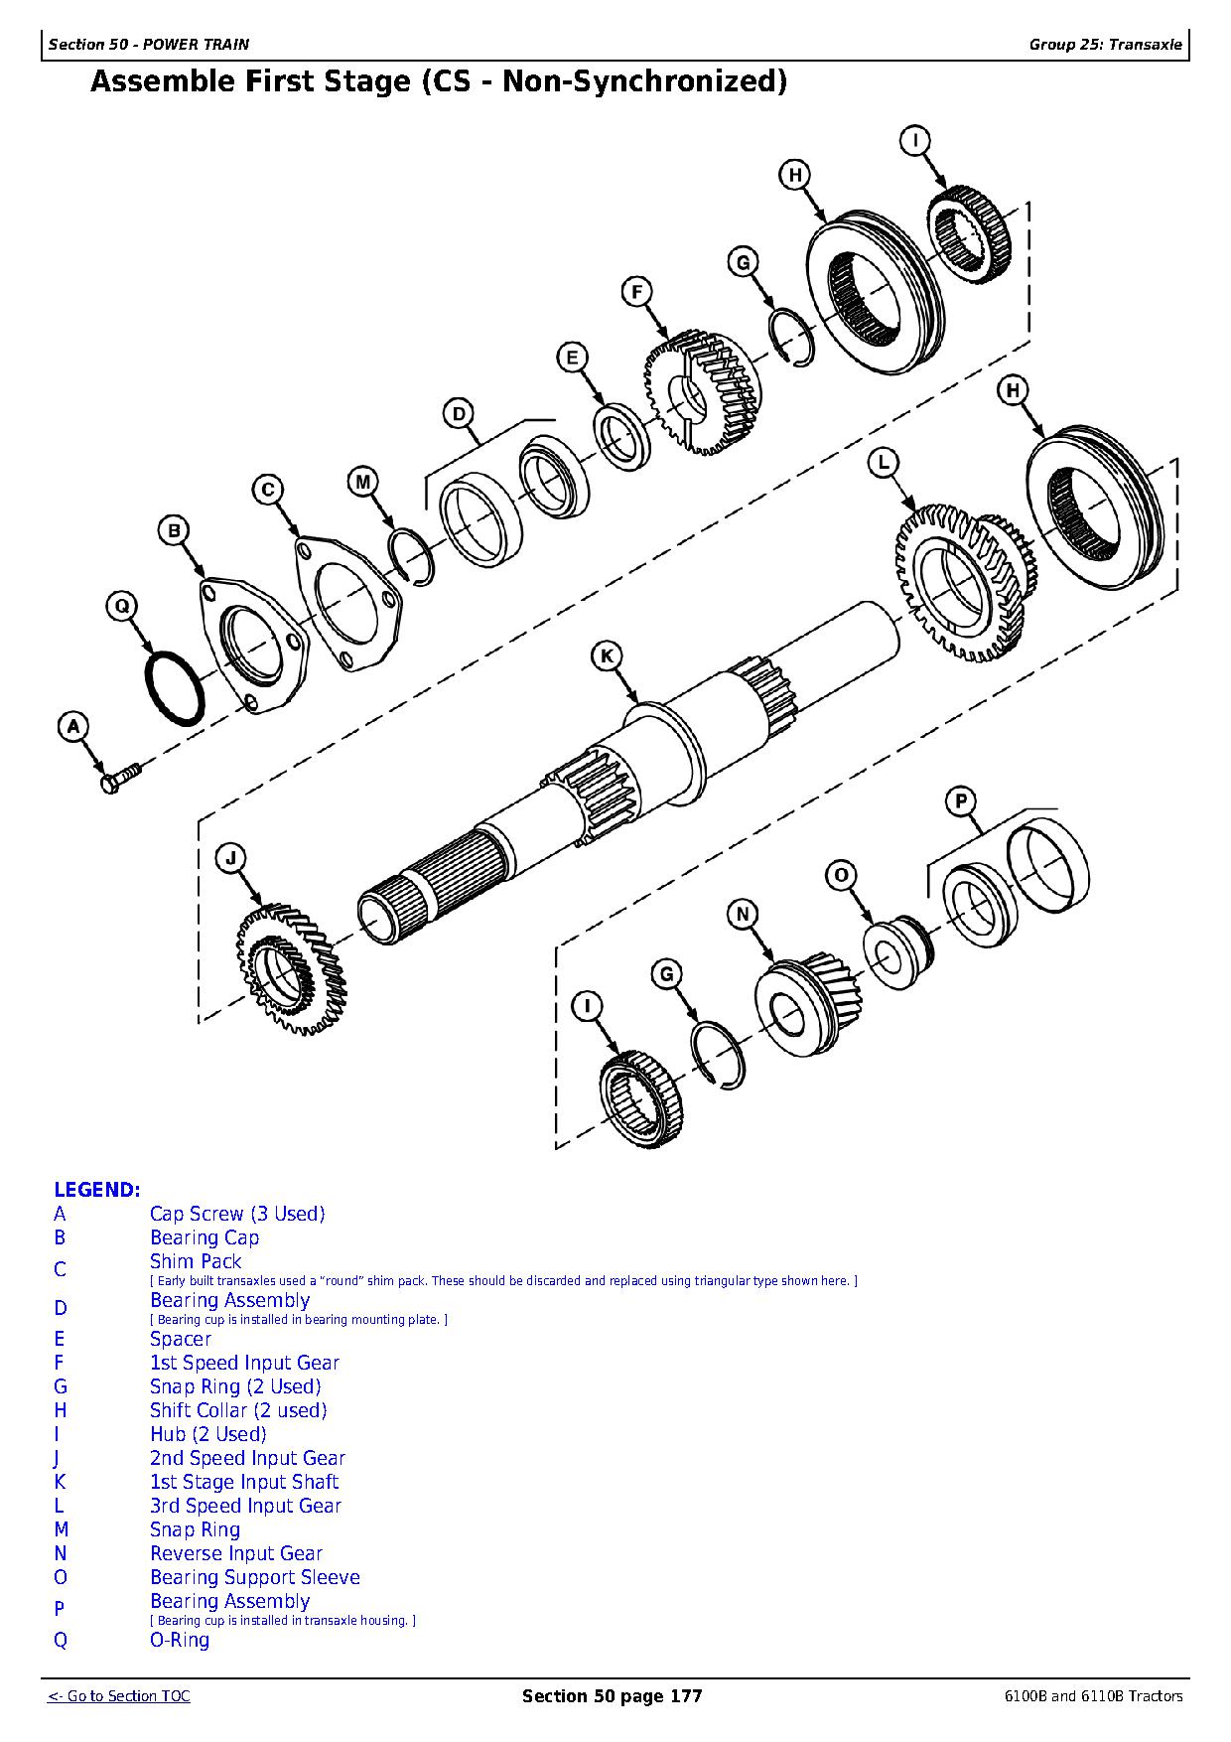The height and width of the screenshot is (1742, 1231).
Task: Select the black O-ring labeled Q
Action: (176, 689)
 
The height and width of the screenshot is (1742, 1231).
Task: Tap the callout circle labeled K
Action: (607, 656)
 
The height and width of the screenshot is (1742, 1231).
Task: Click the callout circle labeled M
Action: (362, 483)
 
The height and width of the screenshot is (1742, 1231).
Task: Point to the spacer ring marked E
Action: (621, 435)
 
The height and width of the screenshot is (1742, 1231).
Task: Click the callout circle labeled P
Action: (960, 801)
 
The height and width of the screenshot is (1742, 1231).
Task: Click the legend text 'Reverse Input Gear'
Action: (236, 1553)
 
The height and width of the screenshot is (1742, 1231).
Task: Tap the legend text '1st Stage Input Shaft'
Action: (244, 1482)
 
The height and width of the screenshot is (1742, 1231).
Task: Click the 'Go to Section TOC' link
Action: (119, 1696)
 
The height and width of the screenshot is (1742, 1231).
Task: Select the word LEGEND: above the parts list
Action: (97, 1190)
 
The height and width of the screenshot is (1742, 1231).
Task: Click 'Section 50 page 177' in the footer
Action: (612, 1696)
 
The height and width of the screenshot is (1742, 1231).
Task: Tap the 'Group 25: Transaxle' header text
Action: (1105, 45)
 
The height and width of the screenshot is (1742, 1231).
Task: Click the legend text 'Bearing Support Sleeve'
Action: (254, 1577)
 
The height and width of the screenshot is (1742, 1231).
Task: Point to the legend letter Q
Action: (61, 1640)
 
